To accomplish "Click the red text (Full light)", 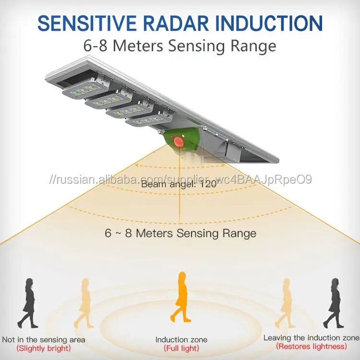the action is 180,348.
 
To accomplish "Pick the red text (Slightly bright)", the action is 43,348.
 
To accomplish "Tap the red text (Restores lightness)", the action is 311,346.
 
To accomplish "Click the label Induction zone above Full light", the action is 180,339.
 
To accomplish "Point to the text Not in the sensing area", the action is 44,339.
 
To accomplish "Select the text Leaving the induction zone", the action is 311,337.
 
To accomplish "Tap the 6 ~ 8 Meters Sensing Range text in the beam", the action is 180,234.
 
